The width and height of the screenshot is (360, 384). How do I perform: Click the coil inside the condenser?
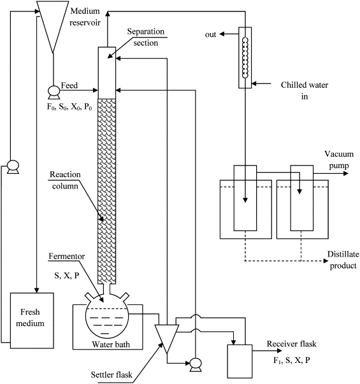click(x=245, y=57)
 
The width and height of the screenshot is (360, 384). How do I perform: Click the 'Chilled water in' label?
click(x=305, y=90)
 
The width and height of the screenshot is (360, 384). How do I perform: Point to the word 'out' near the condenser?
click(x=210, y=34)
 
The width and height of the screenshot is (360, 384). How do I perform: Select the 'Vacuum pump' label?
click(x=339, y=160)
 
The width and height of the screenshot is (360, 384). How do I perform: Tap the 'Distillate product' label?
click(x=343, y=260)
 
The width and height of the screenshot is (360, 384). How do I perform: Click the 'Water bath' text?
click(x=111, y=345)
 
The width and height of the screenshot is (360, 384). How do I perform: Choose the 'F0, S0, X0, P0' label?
click(x=69, y=107)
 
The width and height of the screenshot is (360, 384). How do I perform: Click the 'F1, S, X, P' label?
click(x=292, y=360)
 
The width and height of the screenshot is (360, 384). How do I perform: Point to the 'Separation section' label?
click(x=145, y=37)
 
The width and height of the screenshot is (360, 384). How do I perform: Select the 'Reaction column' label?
click(x=65, y=180)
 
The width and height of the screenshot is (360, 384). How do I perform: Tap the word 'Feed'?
click(x=69, y=85)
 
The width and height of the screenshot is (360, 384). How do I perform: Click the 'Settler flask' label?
click(x=112, y=374)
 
